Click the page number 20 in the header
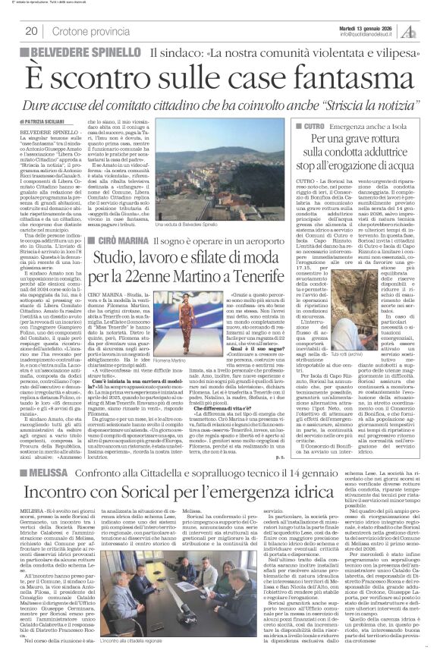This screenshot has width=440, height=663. coord(33,31)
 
